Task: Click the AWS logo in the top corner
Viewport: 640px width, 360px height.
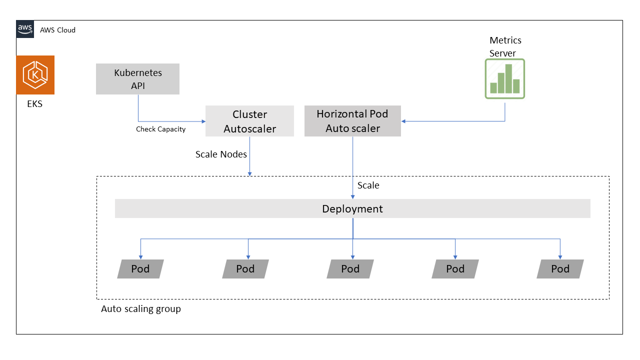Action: [25, 29]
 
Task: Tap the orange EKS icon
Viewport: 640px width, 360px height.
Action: [35, 75]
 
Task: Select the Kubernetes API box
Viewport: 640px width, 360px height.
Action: [137, 79]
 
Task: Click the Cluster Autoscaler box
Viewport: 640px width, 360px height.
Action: [249, 121]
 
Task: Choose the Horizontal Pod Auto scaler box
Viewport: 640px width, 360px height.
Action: [352, 121]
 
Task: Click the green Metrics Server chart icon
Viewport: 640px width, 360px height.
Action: [504, 78]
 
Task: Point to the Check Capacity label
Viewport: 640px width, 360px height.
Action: [160, 129]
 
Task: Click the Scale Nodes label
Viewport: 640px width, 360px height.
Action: [221, 154]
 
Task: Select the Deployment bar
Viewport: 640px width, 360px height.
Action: [352, 208]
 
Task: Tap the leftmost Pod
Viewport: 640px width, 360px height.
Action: [140, 269]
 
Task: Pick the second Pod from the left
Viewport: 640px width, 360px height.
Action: [245, 269]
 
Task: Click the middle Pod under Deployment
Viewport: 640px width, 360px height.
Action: [350, 269]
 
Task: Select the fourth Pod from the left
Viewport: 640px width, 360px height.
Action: [455, 269]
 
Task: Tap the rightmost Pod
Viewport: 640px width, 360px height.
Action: [560, 269]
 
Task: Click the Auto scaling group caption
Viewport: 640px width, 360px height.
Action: [141, 309]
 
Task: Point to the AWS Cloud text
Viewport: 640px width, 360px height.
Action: [57, 30]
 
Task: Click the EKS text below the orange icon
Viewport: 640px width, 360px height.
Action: [35, 104]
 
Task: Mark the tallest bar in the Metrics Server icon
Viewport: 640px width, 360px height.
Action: [508, 78]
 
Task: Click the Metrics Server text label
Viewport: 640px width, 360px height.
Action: [505, 46]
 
